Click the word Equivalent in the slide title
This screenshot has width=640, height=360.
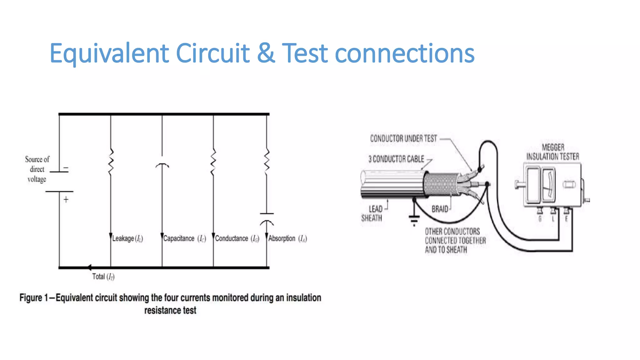tap(109, 53)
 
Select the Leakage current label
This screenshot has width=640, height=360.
tap(127, 238)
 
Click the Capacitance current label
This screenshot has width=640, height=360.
tap(184, 238)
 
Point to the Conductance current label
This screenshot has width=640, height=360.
tap(237, 238)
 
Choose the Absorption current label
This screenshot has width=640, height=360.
tap(287, 238)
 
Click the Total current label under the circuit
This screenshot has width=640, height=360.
tap(103, 277)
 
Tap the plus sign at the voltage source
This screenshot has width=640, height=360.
tap(66, 199)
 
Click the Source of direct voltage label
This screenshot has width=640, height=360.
tap(37, 169)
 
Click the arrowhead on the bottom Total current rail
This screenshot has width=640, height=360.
tap(89, 267)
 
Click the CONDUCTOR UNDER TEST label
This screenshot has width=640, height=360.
tap(403, 138)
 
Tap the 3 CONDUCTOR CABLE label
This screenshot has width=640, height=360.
tap(396, 159)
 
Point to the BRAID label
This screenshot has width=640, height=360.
tap(440, 209)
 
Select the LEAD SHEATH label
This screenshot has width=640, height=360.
tap(372, 213)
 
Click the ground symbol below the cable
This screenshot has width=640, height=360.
tap(414, 219)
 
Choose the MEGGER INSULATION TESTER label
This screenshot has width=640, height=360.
tap(552, 152)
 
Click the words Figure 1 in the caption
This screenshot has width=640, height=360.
tap(33, 297)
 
